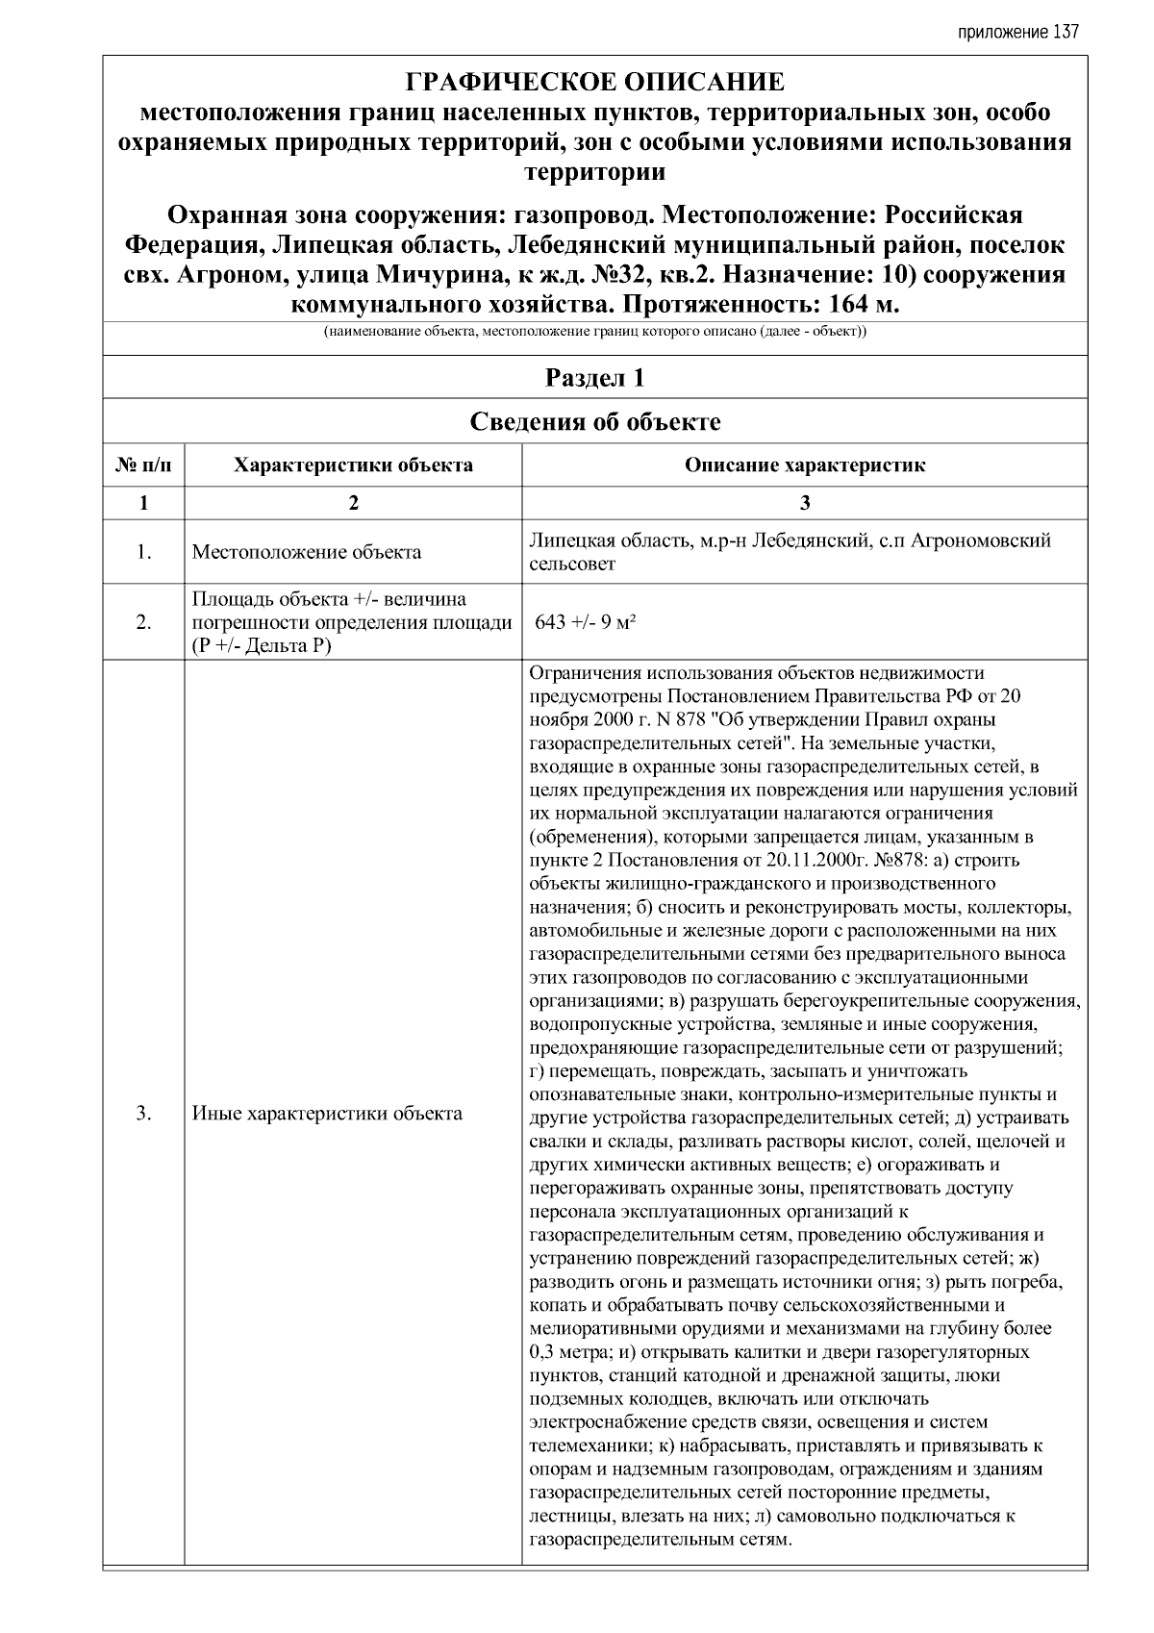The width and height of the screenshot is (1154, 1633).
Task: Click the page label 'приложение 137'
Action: click(1018, 32)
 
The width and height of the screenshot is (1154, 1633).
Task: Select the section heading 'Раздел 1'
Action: click(594, 378)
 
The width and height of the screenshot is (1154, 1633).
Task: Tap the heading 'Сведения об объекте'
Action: click(594, 422)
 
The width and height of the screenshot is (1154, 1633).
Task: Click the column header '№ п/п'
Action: click(143, 466)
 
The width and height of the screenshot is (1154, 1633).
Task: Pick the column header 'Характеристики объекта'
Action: click(353, 466)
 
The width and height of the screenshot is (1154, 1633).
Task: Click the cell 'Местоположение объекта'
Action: click(306, 552)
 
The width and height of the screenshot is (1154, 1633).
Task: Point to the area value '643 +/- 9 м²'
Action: click(587, 621)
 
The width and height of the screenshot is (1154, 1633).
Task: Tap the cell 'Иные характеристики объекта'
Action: click(327, 1114)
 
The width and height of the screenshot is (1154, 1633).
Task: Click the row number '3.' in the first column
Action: click(143, 1114)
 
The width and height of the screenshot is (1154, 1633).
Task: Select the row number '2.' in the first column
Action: click(143, 622)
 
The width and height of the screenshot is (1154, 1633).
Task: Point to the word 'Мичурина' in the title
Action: click(434, 275)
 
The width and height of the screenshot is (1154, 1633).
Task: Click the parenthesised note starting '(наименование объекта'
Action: click(594, 333)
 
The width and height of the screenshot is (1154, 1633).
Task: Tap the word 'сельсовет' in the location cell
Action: click(572, 565)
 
